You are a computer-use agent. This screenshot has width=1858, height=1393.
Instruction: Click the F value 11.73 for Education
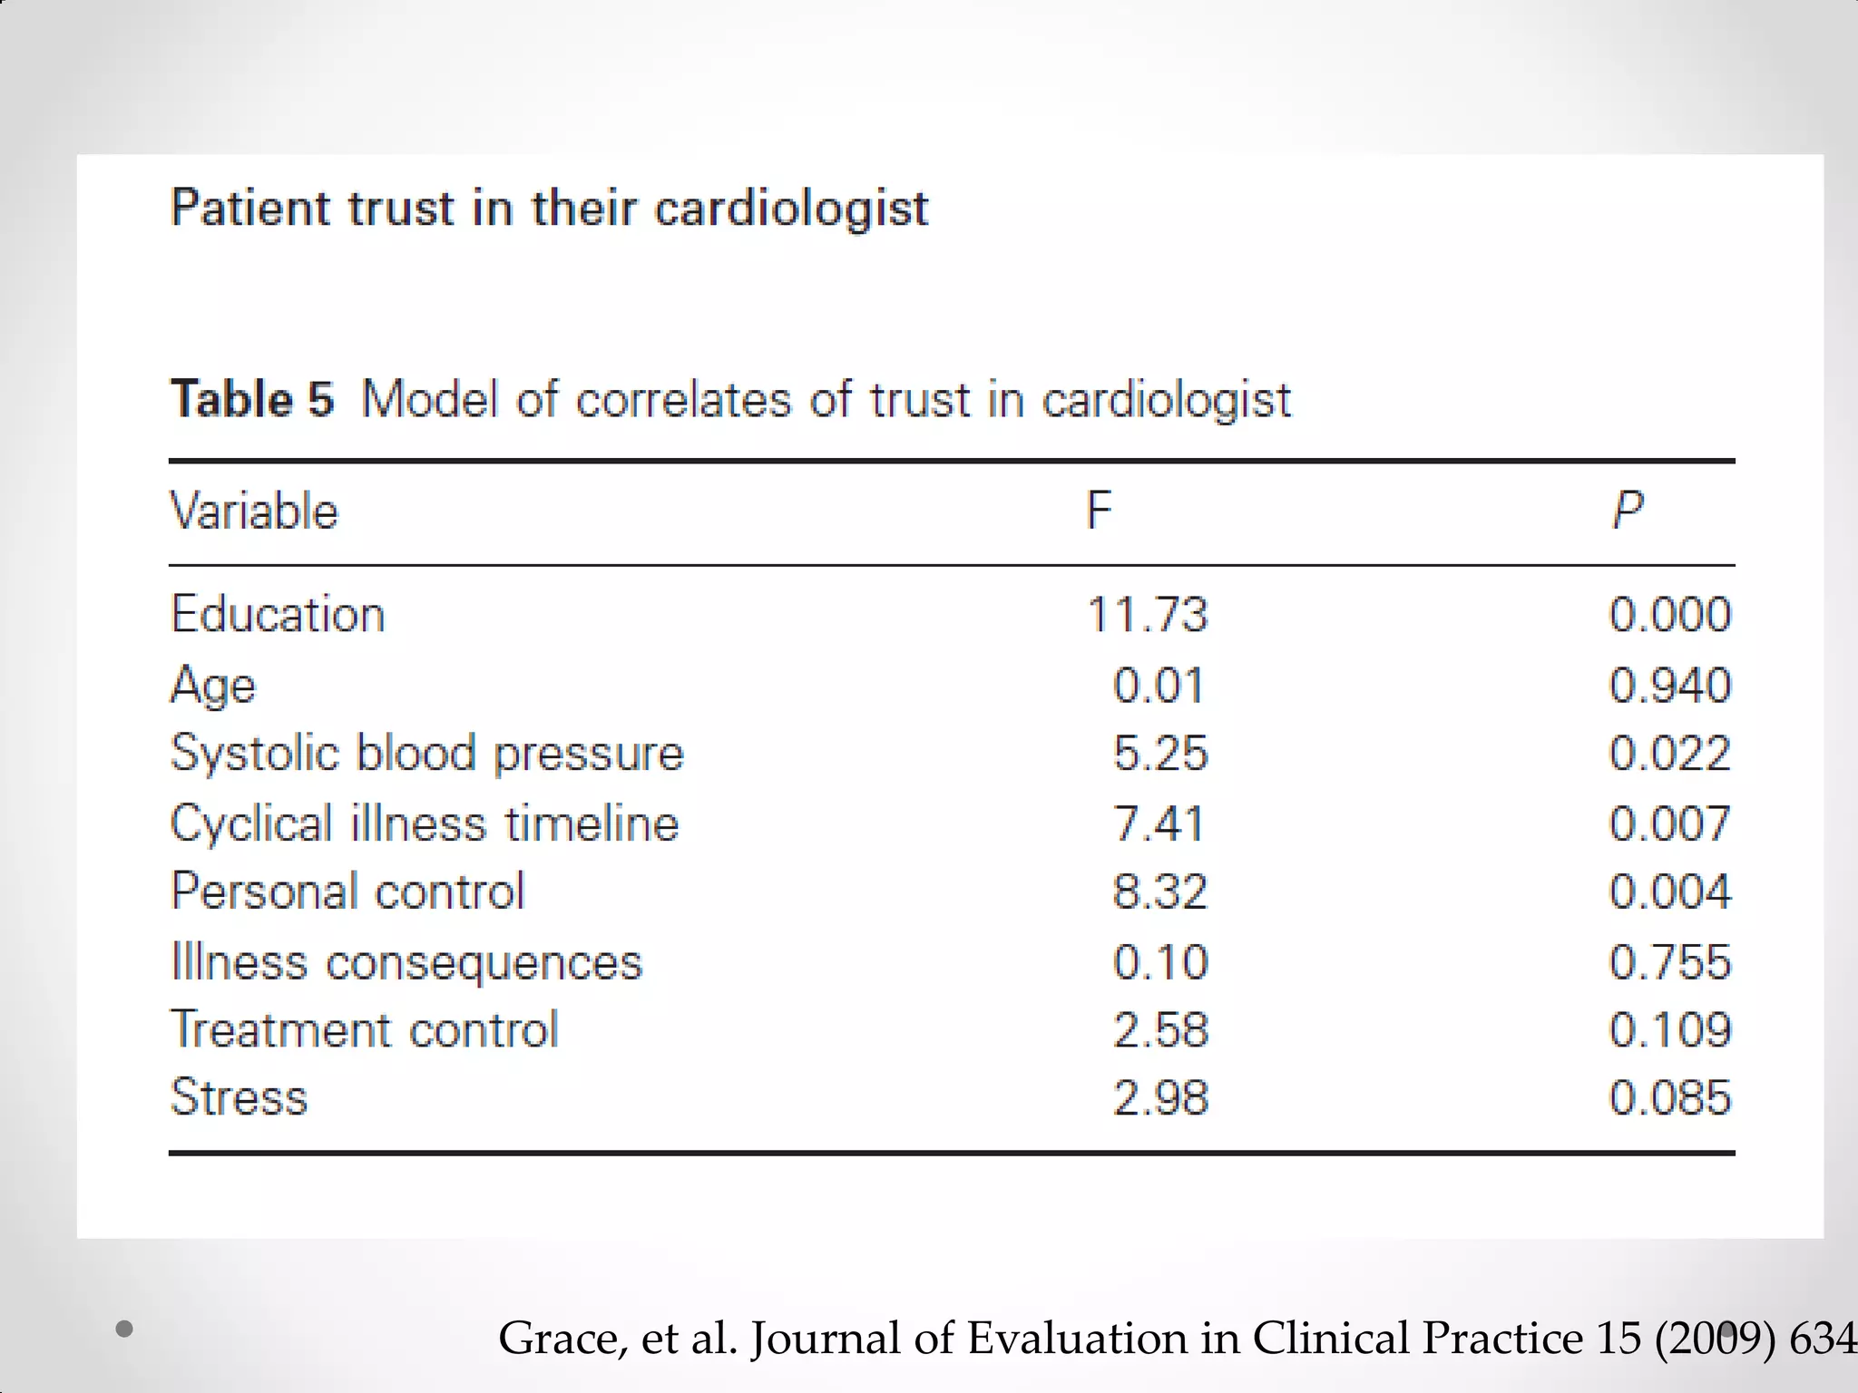(1148, 615)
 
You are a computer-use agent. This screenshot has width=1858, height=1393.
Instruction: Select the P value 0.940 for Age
(1669, 686)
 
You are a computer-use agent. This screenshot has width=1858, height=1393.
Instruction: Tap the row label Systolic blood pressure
(426, 754)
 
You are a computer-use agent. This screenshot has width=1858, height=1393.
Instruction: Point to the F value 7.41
(1159, 823)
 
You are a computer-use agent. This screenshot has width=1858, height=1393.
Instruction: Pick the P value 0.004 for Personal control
(1669, 891)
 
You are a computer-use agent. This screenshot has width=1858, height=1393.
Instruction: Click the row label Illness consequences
(406, 962)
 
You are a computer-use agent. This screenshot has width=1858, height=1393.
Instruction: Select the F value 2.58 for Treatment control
(1160, 1030)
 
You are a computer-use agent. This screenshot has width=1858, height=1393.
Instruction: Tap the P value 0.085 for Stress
(1669, 1098)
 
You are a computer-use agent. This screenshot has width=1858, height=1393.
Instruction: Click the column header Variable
(254, 511)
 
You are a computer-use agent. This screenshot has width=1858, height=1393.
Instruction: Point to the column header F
(1099, 511)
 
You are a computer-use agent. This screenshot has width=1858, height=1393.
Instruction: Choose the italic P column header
(1628, 511)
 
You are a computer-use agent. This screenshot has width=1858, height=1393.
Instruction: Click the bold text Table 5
(252, 399)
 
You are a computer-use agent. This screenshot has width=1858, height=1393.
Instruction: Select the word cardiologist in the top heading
(791, 209)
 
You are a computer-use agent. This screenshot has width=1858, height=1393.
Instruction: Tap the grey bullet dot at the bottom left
(125, 1330)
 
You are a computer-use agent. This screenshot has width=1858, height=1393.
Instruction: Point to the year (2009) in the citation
(1715, 1339)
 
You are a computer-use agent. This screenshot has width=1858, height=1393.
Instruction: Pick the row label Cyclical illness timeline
(425, 823)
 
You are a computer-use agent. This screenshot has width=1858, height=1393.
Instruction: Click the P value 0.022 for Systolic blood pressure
(1669, 754)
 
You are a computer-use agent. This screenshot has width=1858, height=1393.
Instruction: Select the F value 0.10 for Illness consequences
(1160, 962)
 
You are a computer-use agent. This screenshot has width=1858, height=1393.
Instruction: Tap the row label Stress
(240, 1097)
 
